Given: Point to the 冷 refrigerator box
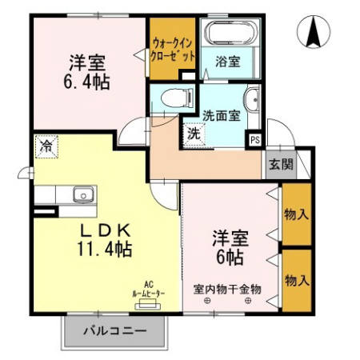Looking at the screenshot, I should tap(46, 147).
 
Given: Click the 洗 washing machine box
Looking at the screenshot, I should tap(194, 134).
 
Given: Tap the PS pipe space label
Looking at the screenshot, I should tap(254, 139).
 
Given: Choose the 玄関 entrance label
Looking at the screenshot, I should tap(280, 166).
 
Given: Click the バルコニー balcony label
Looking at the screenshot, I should tap(116, 330).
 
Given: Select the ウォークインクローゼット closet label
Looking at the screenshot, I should tap(173, 51).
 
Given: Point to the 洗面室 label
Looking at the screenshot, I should tap(221, 114).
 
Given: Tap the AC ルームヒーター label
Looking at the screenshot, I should tap(148, 290).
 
